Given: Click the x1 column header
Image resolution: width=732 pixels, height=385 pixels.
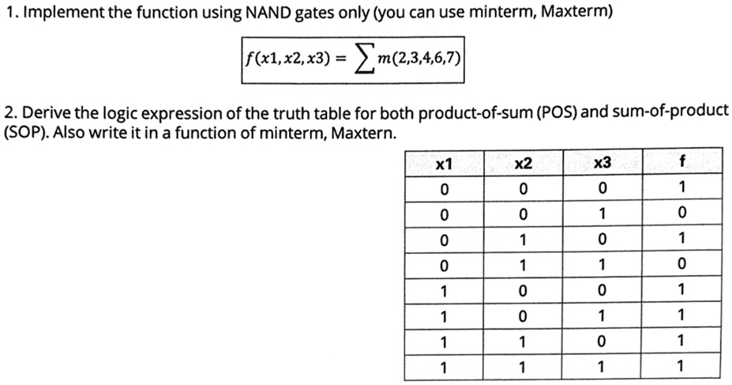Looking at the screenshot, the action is (x=444, y=164).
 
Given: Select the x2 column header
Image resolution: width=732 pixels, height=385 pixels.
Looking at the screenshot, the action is (x=523, y=164).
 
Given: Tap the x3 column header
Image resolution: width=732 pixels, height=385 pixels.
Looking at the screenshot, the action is (x=602, y=163).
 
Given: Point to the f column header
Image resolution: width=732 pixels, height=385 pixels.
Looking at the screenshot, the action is (x=682, y=161).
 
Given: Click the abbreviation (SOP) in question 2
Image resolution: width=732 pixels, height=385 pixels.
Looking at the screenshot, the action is (x=26, y=133).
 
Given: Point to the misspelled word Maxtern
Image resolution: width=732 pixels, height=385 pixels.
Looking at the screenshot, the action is (x=364, y=134).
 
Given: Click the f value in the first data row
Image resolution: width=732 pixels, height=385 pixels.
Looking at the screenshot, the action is (x=682, y=187).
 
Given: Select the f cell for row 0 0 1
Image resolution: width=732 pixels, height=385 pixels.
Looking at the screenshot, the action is (x=682, y=213).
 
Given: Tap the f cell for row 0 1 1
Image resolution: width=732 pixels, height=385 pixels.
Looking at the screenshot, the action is (x=682, y=265).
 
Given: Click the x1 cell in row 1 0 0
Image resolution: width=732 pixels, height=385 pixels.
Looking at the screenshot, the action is (x=444, y=292).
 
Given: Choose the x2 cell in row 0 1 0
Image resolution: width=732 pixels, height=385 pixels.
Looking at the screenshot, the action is (x=523, y=240).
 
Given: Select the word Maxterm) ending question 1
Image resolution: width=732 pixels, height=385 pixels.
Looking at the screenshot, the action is (x=576, y=12).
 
